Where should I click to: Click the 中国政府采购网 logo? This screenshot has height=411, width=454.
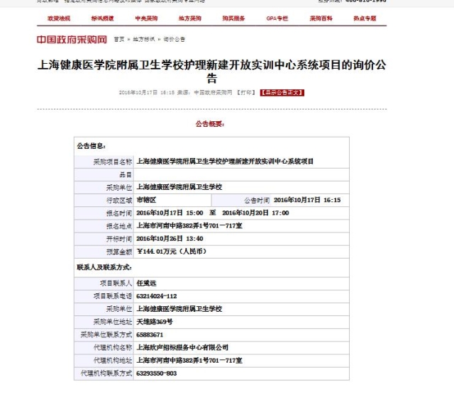point(72,40)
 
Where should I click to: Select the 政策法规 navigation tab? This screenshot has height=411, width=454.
point(58,18)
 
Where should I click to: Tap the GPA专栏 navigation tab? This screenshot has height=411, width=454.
point(277,18)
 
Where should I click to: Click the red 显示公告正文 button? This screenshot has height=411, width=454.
point(282,92)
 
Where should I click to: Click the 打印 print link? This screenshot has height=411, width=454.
point(245,92)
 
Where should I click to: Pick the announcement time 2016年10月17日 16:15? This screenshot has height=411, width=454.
point(307,200)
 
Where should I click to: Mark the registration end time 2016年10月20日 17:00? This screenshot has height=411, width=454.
point(255,213)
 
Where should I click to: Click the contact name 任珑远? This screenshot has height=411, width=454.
point(149,282)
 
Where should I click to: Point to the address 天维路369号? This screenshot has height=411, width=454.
point(154,322)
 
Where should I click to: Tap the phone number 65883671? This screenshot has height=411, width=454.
point(150,334)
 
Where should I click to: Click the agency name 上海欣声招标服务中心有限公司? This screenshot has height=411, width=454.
point(182,347)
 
